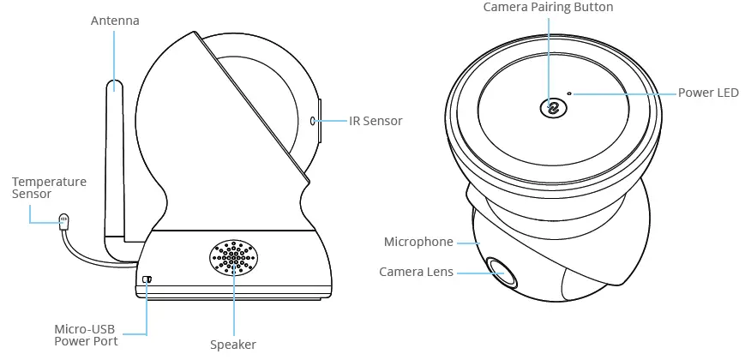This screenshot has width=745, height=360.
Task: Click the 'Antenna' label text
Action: point(115,20)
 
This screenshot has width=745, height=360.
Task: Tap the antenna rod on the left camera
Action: point(115,154)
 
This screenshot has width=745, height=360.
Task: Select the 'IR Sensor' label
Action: point(376,121)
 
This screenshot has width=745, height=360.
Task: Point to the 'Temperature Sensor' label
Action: point(49,188)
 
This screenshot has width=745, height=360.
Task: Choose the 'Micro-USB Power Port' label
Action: point(86,335)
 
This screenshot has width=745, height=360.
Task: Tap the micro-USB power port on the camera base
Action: point(147,279)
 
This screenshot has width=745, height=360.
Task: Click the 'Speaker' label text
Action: point(233,345)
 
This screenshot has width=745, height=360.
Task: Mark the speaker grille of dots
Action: point(233,256)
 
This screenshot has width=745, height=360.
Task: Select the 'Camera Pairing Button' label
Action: point(548,8)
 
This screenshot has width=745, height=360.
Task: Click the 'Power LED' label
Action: point(708,93)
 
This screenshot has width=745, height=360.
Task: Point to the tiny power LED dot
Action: point(569,93)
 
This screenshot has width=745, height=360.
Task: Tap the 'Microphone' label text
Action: point(418,242)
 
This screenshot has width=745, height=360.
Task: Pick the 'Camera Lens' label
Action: point(416,272)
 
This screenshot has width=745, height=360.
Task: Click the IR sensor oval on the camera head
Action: point(312,121)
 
